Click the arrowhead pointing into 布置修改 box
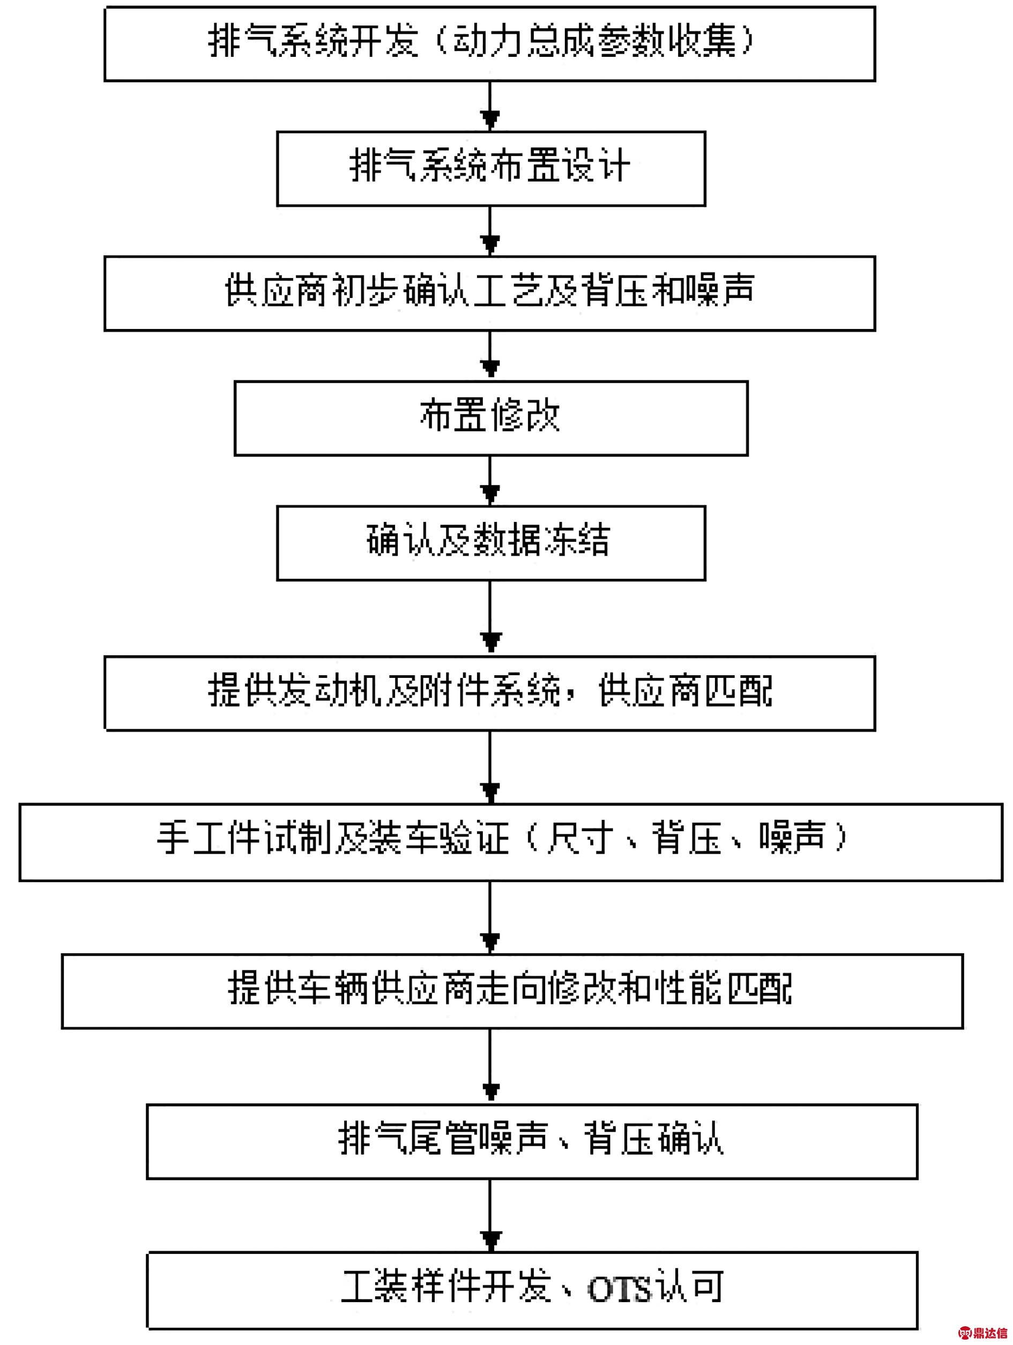[490, 369]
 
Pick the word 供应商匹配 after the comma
[686, 691]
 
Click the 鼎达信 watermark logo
[985, 1333]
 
